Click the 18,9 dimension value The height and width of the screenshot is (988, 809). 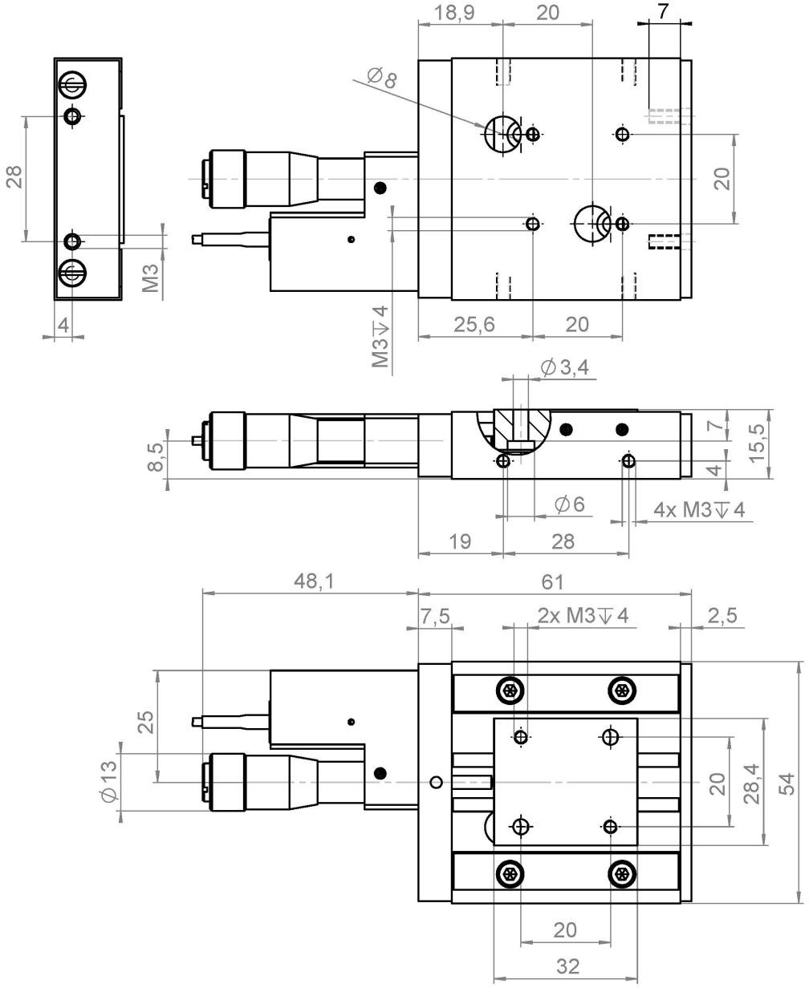tap(454, 13)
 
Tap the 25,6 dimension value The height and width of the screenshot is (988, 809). tap(474, 325)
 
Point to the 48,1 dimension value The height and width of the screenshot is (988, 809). tap(315, 581)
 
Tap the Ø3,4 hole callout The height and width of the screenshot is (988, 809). tap(565, 368)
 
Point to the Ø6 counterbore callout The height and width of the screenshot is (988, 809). tap(569, 504)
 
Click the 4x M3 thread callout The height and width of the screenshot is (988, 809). tap(699, 510)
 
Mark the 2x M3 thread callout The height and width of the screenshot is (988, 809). tap(583, 616)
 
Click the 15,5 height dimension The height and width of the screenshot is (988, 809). tap(756, 443)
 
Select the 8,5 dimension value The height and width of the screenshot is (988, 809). tap(155, 457)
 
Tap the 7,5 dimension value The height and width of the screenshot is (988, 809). tap(435, 616)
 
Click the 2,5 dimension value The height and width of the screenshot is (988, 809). tap(722, 616)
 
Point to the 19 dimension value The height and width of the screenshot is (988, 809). tap(460, 541)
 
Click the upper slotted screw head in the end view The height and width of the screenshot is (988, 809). tap(73, 85)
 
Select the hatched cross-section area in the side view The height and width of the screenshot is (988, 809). tap(521, 426)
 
